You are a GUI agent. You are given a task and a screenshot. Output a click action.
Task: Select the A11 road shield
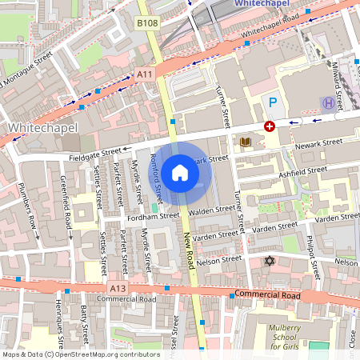[x=144, y=74]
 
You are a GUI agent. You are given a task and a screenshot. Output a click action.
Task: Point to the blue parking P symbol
[x=273, y=102]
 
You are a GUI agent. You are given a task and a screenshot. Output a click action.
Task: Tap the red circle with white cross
[x=270, y=126]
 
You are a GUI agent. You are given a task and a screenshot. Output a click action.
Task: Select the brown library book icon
[x=246, y=142]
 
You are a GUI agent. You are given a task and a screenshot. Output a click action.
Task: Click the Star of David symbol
[x=269, y=262]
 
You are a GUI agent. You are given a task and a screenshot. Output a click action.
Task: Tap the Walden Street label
[x=212, y=210]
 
